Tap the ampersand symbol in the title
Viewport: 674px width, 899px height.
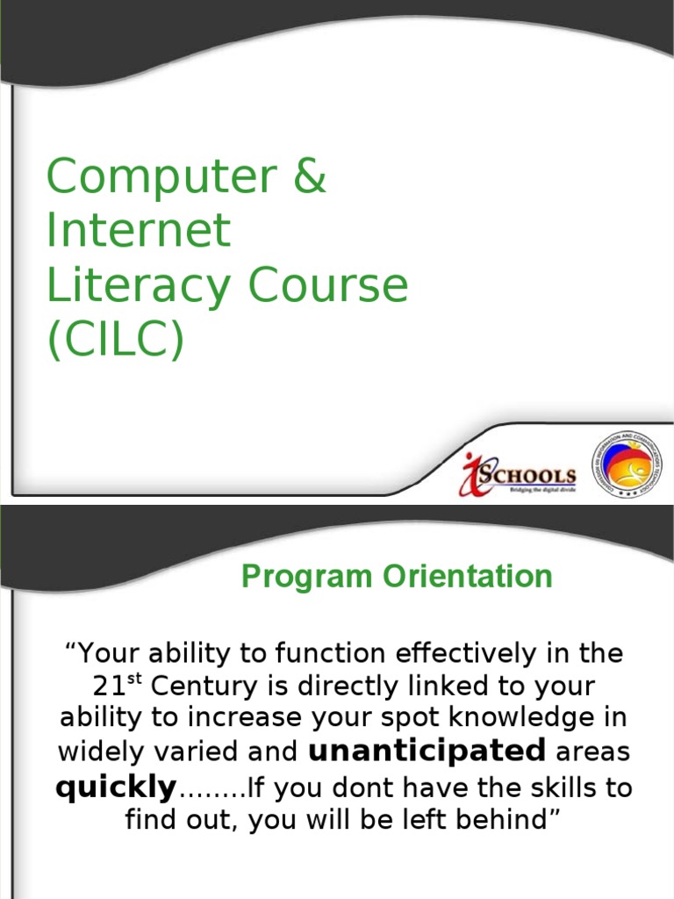(308, 176)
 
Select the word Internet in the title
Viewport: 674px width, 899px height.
(139, 231)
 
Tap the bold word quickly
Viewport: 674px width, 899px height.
(116, 788)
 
